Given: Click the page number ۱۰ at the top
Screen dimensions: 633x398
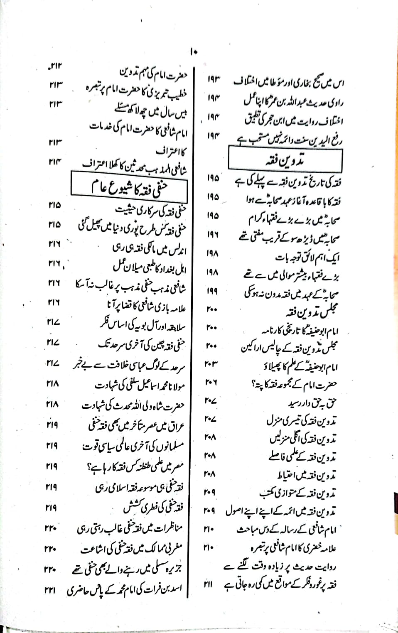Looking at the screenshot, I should click(194, 52).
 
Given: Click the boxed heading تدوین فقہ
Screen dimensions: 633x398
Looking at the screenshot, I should click(285, 159).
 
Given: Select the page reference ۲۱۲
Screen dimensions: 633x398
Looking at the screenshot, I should click(54, 66).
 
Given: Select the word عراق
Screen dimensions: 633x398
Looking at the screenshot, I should click(178, 426).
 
